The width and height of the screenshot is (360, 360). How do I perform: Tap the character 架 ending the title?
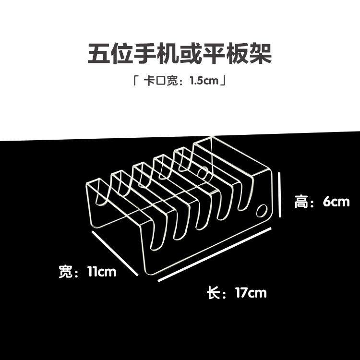click(x=261, y=53)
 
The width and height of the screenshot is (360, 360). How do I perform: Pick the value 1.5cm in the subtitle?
click(x=204, y=81)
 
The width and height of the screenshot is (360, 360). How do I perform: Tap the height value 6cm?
click(x=336, y=202)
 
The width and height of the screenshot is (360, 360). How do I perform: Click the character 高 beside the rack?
click(x=301, y=202)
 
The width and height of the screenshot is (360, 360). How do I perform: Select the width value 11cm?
click(x=102, y=272)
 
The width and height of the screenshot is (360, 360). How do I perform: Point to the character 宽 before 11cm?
click(x=65, y=272)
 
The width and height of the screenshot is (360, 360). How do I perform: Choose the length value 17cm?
click(x=251, y=293)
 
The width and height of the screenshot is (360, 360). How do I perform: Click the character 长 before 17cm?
click(x=213, y=293)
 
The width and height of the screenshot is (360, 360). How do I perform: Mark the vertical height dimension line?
click(x=280, y=195)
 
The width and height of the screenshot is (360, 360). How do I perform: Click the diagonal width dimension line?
click(x=115, y=253)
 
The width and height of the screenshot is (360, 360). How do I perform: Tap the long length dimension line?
click(x=215, y=254)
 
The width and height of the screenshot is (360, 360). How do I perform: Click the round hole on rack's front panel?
click(x=262, y=211)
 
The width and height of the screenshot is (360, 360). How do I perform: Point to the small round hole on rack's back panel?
click(x=203, y=173)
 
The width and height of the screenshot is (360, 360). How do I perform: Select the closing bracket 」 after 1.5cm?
click(x=223, y=81)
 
